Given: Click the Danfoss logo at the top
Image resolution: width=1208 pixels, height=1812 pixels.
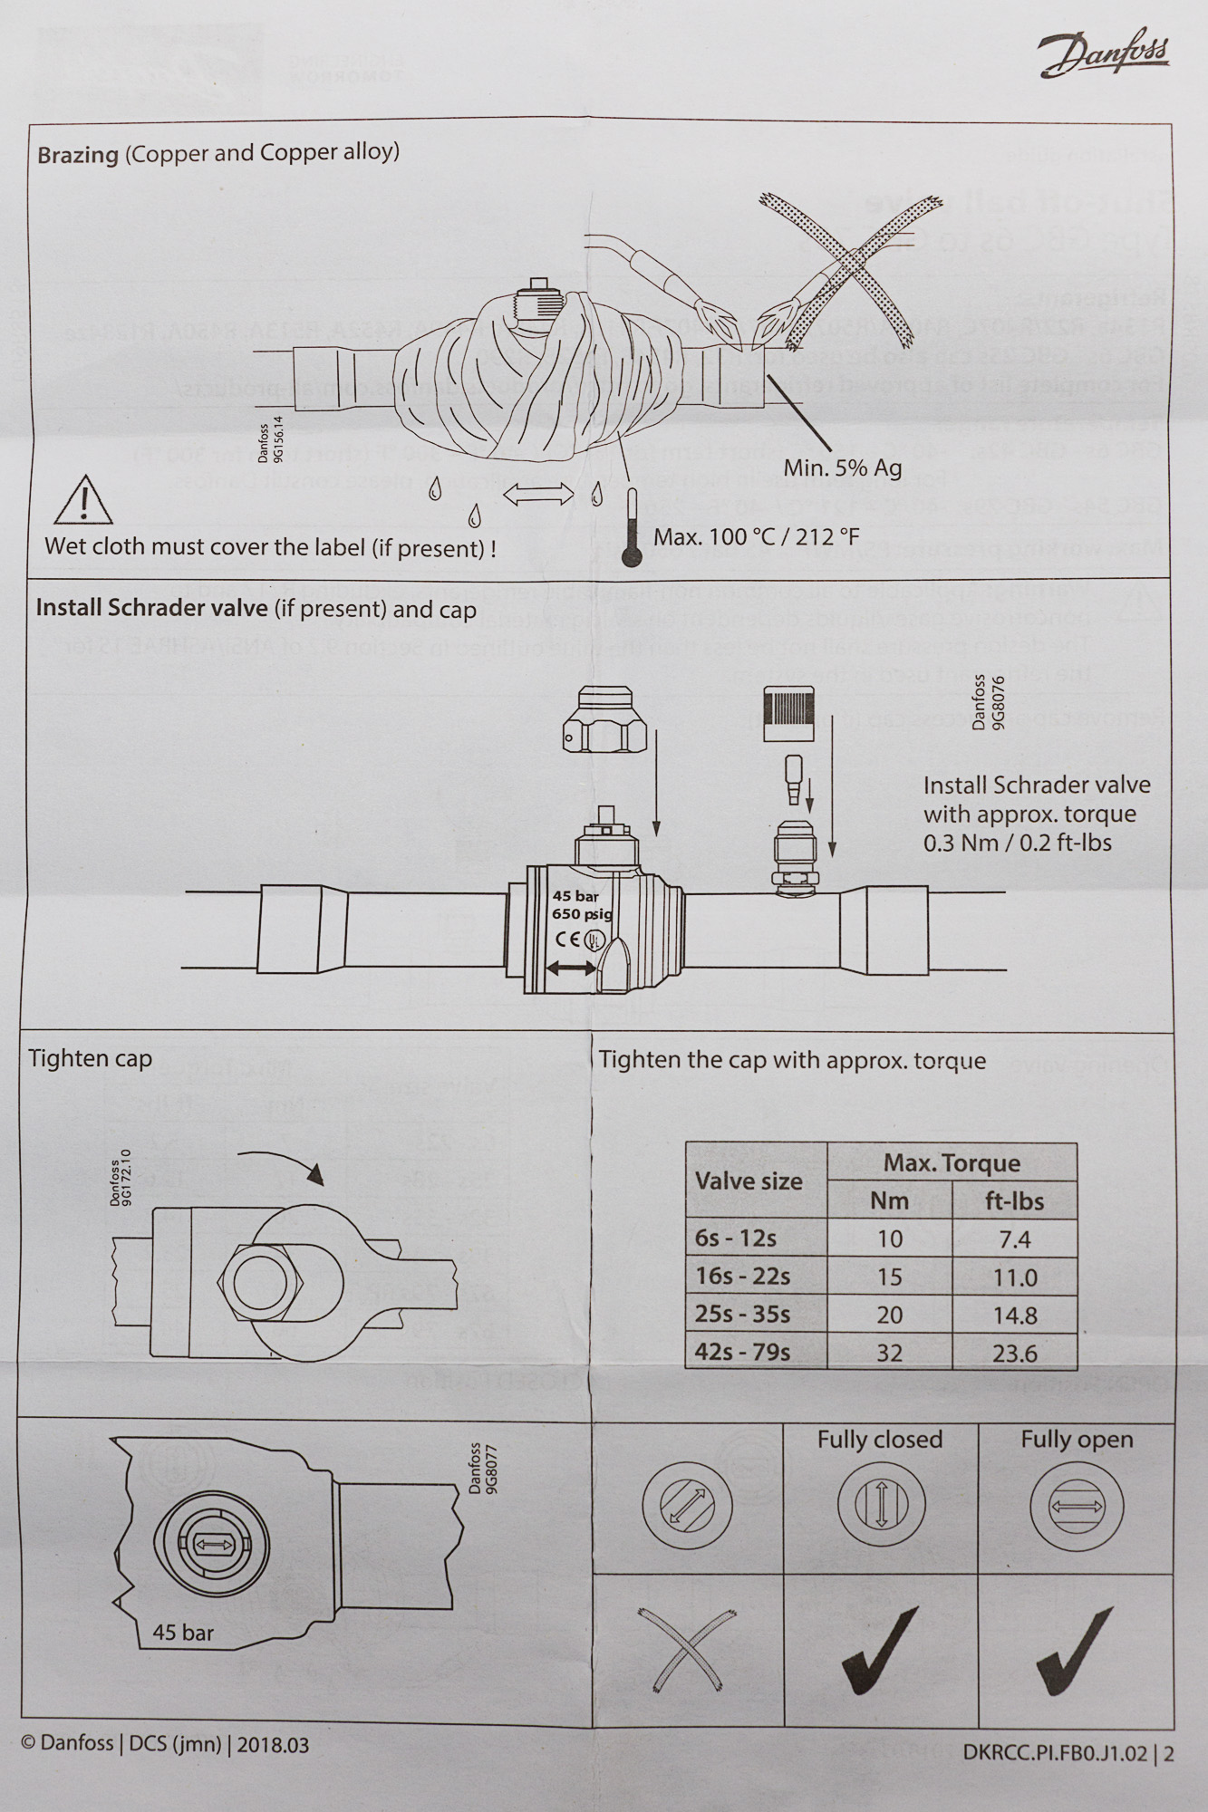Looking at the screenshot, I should pyautogui.click(x=1104, y=55).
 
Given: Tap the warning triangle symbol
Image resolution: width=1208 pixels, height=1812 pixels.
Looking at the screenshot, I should pyautogui.click(x=83, y=501).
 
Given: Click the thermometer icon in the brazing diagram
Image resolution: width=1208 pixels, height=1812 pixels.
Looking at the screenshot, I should pyautogui.click(x=632, y=529).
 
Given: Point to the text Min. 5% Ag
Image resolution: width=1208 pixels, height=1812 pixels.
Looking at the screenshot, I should pyautogui.click(x=843, y=467).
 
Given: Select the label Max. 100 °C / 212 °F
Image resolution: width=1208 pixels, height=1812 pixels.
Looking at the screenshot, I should pyautogui.click(x=756, y=536).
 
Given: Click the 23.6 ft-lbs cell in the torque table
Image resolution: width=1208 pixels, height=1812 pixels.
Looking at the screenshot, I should pyautogui.click(x=1014, y=1353).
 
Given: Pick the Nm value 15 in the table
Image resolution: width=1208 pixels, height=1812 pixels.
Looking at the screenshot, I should pyautogui.click(x=889, y=1277).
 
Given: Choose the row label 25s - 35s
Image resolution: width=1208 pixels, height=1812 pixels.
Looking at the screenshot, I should pyautogui.click(x=742, y=1314).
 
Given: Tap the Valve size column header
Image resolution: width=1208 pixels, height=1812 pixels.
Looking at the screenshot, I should pyautogui.click(x=749, y=1181).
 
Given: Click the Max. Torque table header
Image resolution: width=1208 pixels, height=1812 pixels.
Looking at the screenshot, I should pyautogui.click(x=952, y=1162).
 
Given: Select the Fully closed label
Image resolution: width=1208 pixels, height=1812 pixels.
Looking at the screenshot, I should pyautogui.click(x=879, y=1440).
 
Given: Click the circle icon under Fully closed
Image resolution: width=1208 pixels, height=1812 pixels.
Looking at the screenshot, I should pyautogui.click(x=880, y=1506).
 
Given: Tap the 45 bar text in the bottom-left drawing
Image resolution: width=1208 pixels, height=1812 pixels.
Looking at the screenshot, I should pyautogui.click(x=183, y=1632).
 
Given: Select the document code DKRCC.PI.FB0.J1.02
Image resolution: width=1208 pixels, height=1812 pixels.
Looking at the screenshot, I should pyautogui.click(x=1057, y=1753).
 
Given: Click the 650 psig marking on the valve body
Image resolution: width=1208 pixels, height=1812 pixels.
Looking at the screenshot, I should pyautogui.click(x=582, y=913).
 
